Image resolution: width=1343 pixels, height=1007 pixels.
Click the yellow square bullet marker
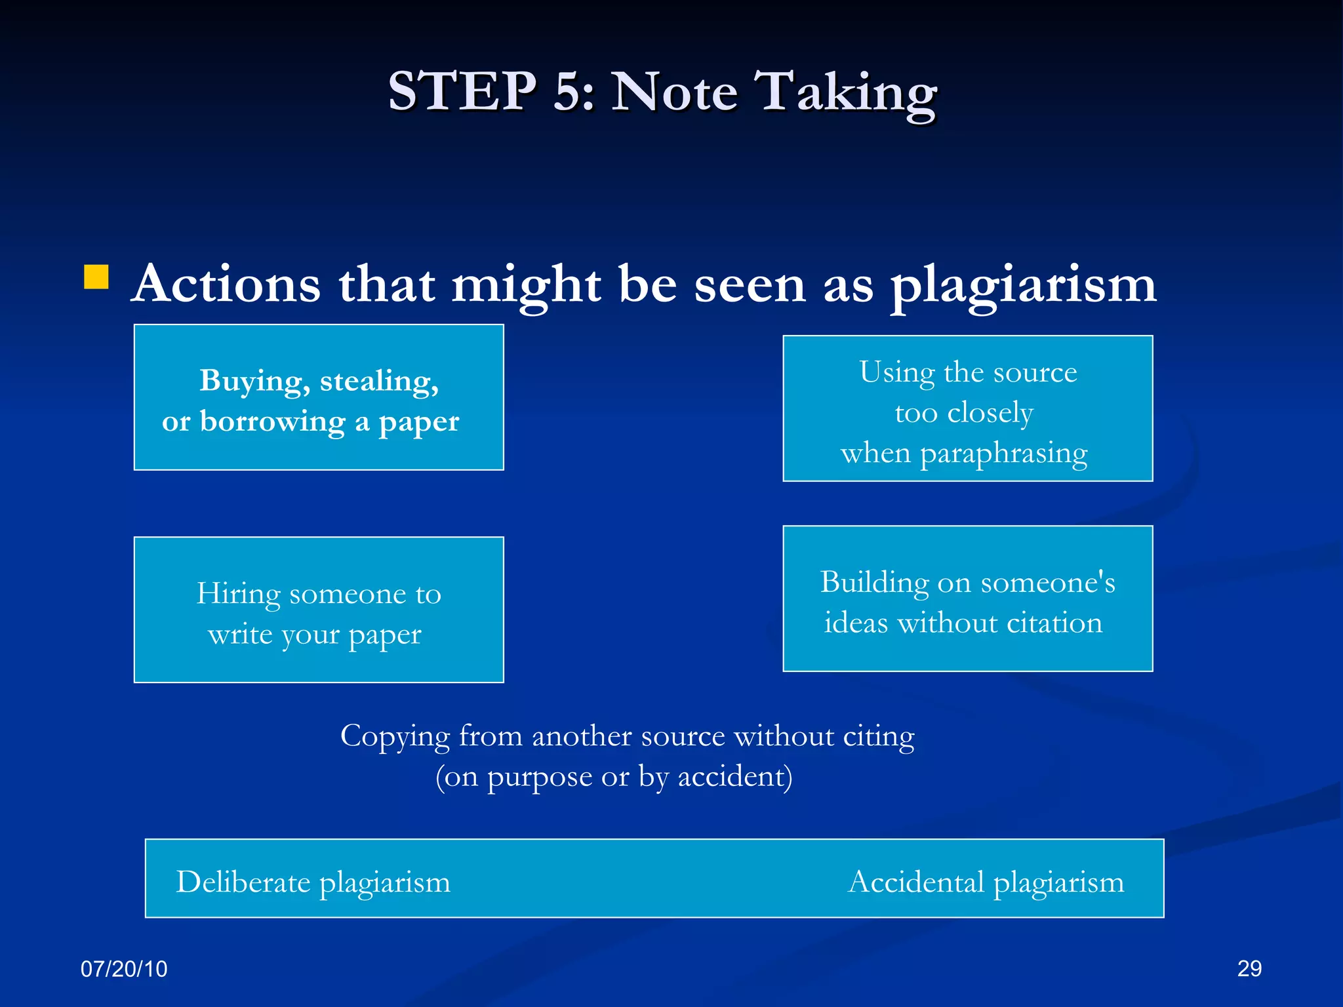click(x=96, y=277)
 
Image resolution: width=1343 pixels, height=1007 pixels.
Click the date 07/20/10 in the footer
click(x=124, y=968)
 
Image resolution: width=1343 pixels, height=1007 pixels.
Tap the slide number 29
click(x=1249, y=968)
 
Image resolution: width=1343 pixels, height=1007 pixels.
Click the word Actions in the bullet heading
click(x=226, y=284)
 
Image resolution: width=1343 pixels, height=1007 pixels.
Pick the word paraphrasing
click(x=1003, y=454)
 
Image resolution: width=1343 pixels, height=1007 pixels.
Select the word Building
click(x=873, y=582)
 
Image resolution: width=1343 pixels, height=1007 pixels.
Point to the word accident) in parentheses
click(x=734, y=777)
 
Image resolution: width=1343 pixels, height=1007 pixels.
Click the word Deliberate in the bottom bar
click(x=243, y=882)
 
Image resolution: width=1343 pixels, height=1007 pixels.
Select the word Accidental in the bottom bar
click(x=916, y=882)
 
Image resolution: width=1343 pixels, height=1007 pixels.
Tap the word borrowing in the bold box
click(x=272, y=422)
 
